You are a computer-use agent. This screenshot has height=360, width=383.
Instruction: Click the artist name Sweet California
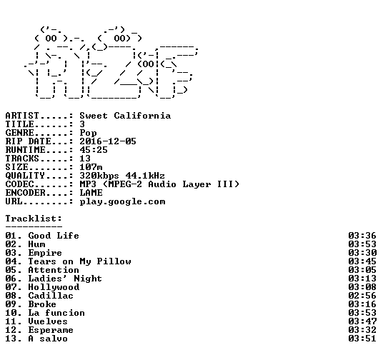tap(125, 116)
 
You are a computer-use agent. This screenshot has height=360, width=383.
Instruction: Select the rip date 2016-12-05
tap(108, 141)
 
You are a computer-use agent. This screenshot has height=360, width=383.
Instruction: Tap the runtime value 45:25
tap(94, 150)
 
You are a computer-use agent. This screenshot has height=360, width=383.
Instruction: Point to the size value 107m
tap(91, 167)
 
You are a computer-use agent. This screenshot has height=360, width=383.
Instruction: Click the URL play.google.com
tap(122, 201)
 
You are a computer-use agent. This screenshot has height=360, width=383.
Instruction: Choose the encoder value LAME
tap(91, 193)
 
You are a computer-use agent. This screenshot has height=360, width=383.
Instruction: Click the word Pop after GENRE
tap(88, 133)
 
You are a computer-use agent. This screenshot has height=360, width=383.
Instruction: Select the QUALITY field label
tap(25, 176)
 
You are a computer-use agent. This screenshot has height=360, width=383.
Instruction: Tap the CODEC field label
tap(19, 184)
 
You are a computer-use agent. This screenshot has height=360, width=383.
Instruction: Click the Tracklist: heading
tap(34, 219)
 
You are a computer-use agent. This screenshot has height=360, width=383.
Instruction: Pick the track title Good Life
tap(54, 236)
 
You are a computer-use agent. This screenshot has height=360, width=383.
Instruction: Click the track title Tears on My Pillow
tap(79, 261)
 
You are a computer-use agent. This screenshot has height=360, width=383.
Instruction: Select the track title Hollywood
tap(54, 287)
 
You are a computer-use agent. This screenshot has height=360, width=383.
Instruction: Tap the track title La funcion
tap(56, 313)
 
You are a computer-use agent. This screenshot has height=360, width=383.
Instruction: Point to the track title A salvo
tap(48, 339)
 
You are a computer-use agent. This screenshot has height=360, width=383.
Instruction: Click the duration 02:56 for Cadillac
tap(362, 296)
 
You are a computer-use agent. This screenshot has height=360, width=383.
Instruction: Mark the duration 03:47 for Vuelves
tap(362, 321)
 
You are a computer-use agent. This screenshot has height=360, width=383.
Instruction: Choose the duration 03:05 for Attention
tap(362, 270)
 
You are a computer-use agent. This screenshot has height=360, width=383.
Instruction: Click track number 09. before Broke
tap(14, 304)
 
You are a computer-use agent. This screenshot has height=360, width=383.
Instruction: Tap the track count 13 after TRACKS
tap(85, 159)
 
